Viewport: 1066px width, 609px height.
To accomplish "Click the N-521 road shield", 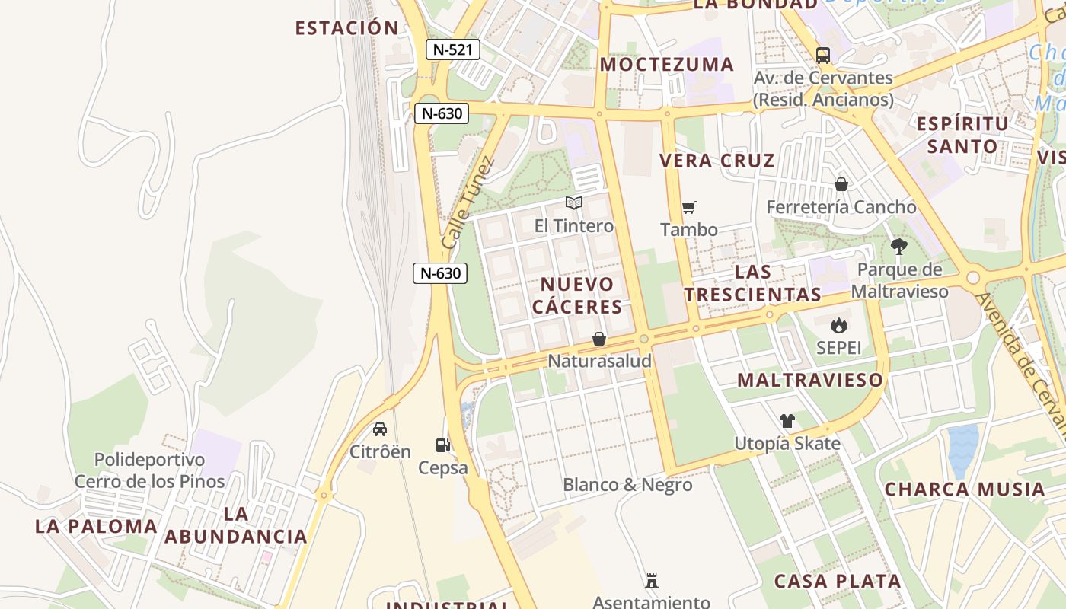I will point(452,50).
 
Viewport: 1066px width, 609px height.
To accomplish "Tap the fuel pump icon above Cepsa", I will point(442,445).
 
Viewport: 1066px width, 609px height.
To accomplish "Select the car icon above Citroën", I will point(380,429).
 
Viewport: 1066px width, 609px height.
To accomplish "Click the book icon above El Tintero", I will point(574,203).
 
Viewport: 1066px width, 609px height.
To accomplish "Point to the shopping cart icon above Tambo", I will point(689,207).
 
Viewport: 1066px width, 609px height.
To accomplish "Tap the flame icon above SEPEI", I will point(838,326).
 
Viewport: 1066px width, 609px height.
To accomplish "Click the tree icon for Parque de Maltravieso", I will point(899,247).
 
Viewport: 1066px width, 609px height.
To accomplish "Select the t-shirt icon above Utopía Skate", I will point(787,421).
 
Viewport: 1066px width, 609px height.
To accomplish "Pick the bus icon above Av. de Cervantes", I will point(823,56).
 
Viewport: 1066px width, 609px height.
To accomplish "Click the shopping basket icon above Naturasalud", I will point(599,339).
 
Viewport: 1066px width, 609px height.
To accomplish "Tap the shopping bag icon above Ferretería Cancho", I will point(841,184).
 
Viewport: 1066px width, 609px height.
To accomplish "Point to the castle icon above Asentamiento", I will point(652,581).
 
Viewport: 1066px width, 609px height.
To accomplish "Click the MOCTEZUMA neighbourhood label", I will point(667,65).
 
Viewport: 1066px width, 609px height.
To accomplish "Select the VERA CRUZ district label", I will point(717,161).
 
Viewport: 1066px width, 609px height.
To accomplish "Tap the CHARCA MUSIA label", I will point(965,489).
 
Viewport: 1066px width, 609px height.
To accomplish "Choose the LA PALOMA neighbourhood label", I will point(96,526).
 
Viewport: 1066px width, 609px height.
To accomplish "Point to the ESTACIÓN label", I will point(347,28).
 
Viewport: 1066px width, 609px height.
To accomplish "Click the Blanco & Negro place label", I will point(627,485).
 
